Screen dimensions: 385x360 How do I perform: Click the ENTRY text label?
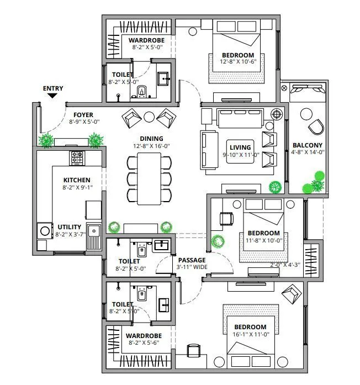pos(53,88)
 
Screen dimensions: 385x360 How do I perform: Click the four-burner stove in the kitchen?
pos(77,159)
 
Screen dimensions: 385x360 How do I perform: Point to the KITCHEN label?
pos(77,180)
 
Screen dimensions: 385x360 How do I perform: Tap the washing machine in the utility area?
pos(43,230)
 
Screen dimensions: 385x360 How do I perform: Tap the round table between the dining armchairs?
pos(149,117)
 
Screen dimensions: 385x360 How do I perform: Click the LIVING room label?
pos(240,147)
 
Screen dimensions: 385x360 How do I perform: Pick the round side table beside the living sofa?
pos(277,114)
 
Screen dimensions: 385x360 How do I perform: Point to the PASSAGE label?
pos(192,260)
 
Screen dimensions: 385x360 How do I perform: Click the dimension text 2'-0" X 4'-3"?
pos(285,265)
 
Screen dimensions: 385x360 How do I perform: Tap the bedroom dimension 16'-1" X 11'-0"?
pos(253,335)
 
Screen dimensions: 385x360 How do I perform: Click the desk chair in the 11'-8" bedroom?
pos(226,218)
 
